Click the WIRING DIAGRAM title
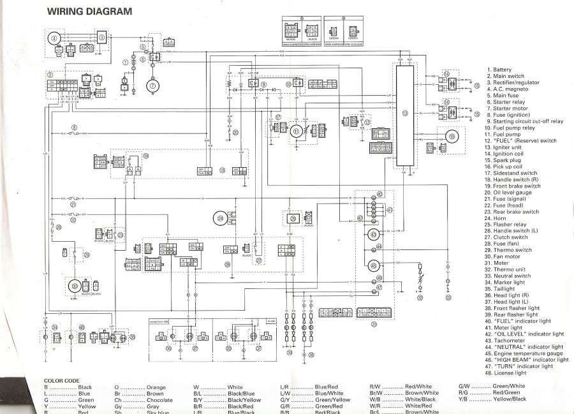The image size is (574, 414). click(90, 11)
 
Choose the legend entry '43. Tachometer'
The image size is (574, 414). click(511, 340)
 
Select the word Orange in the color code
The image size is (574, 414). click(156, 387)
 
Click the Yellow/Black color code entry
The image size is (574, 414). click(508, 399)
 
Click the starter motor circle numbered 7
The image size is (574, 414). click(153, 85)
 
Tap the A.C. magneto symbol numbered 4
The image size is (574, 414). click(54, 39)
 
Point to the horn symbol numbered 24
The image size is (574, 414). click(220, 218)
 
